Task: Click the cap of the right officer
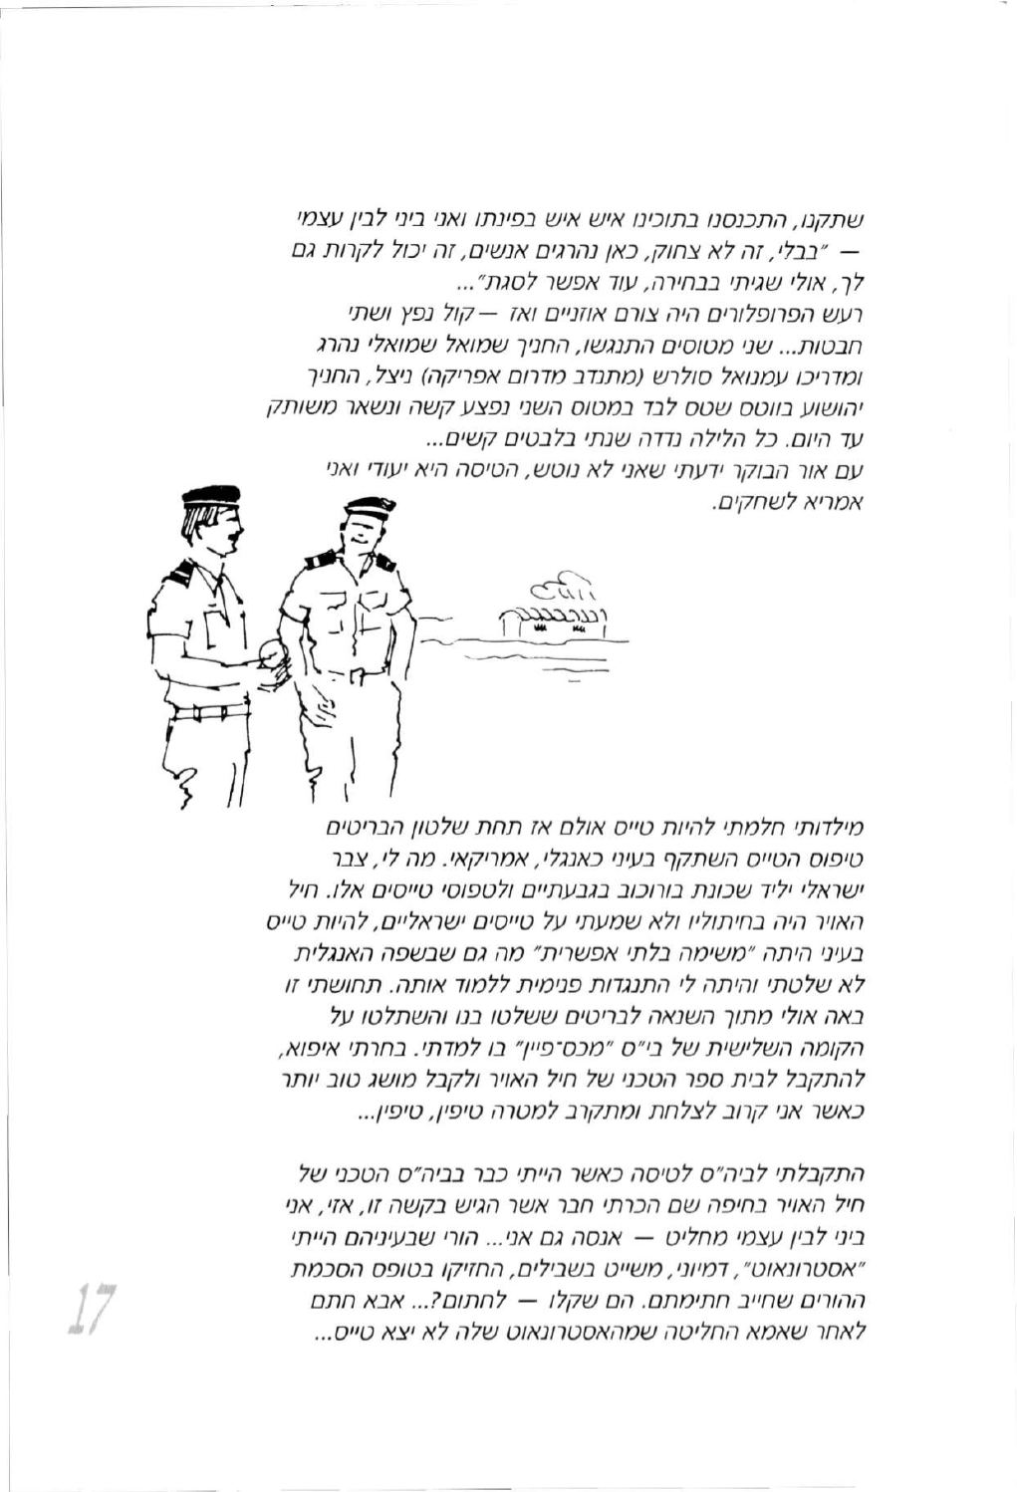point(370,506)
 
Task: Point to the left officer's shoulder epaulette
point(179,572)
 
